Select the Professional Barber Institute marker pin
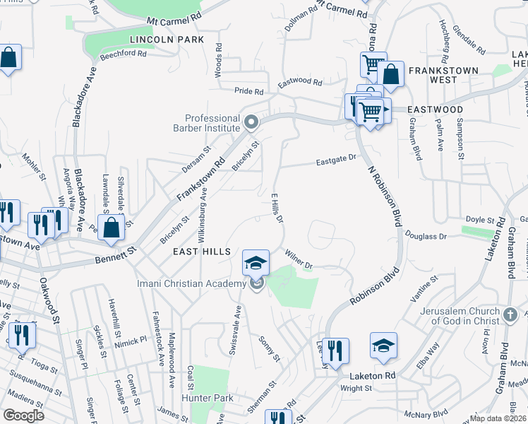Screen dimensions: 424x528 (x=251, y=124)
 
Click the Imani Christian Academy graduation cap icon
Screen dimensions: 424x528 (x=256, y=264)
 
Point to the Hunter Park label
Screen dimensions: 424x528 (x=215, y=398)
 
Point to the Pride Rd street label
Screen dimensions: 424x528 (x=248, y=91)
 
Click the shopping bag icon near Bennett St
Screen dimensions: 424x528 (x=111, y=228)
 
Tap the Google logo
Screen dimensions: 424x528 (x=23, y=416)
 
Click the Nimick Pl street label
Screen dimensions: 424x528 (x=131, y=338)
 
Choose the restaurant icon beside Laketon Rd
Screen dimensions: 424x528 (x=335, y=349)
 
